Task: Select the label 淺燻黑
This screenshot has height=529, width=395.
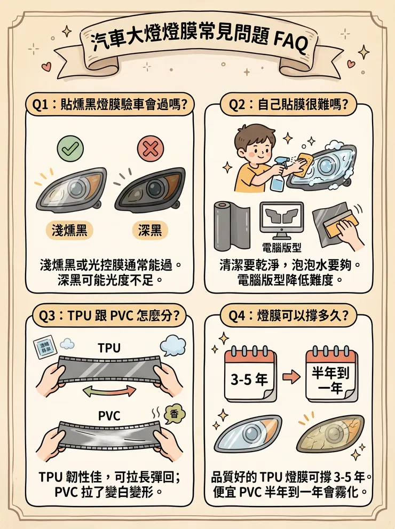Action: coord(67,230)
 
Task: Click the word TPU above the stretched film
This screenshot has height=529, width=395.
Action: coord(109,348)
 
